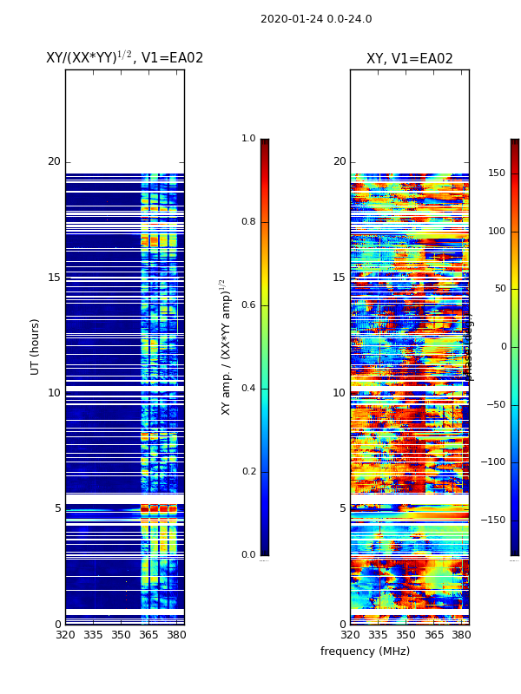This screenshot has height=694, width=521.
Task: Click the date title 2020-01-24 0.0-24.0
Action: [316, 19]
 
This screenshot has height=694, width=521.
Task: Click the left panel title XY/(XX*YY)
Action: [124, 58]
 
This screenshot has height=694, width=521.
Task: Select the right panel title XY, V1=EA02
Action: [409, 59]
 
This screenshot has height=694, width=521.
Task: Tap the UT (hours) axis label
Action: [36, 346]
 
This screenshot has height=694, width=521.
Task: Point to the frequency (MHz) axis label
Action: [365, 651]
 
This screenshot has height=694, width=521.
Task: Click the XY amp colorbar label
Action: [226, 346]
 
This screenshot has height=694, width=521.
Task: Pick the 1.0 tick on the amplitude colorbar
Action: [248, 139]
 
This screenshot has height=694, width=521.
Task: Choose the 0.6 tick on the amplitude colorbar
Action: [248, 305]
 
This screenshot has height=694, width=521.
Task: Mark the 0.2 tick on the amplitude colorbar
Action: [248, 472]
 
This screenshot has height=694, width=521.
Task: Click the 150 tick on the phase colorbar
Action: [496, 173]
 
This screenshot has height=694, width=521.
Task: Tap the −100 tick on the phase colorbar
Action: [496, 462]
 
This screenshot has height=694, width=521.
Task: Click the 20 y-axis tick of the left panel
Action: [54, 161]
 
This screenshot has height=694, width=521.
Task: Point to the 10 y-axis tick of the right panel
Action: [339, 393]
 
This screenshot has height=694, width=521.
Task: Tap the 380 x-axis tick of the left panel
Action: [176, 635]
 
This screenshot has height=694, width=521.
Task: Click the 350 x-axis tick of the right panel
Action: [406, 635]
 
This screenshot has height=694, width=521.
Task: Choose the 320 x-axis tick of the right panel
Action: [350, 635]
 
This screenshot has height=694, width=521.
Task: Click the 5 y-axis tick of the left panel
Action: [57, 508]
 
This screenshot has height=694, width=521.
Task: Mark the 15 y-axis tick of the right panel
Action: [339, 278]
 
